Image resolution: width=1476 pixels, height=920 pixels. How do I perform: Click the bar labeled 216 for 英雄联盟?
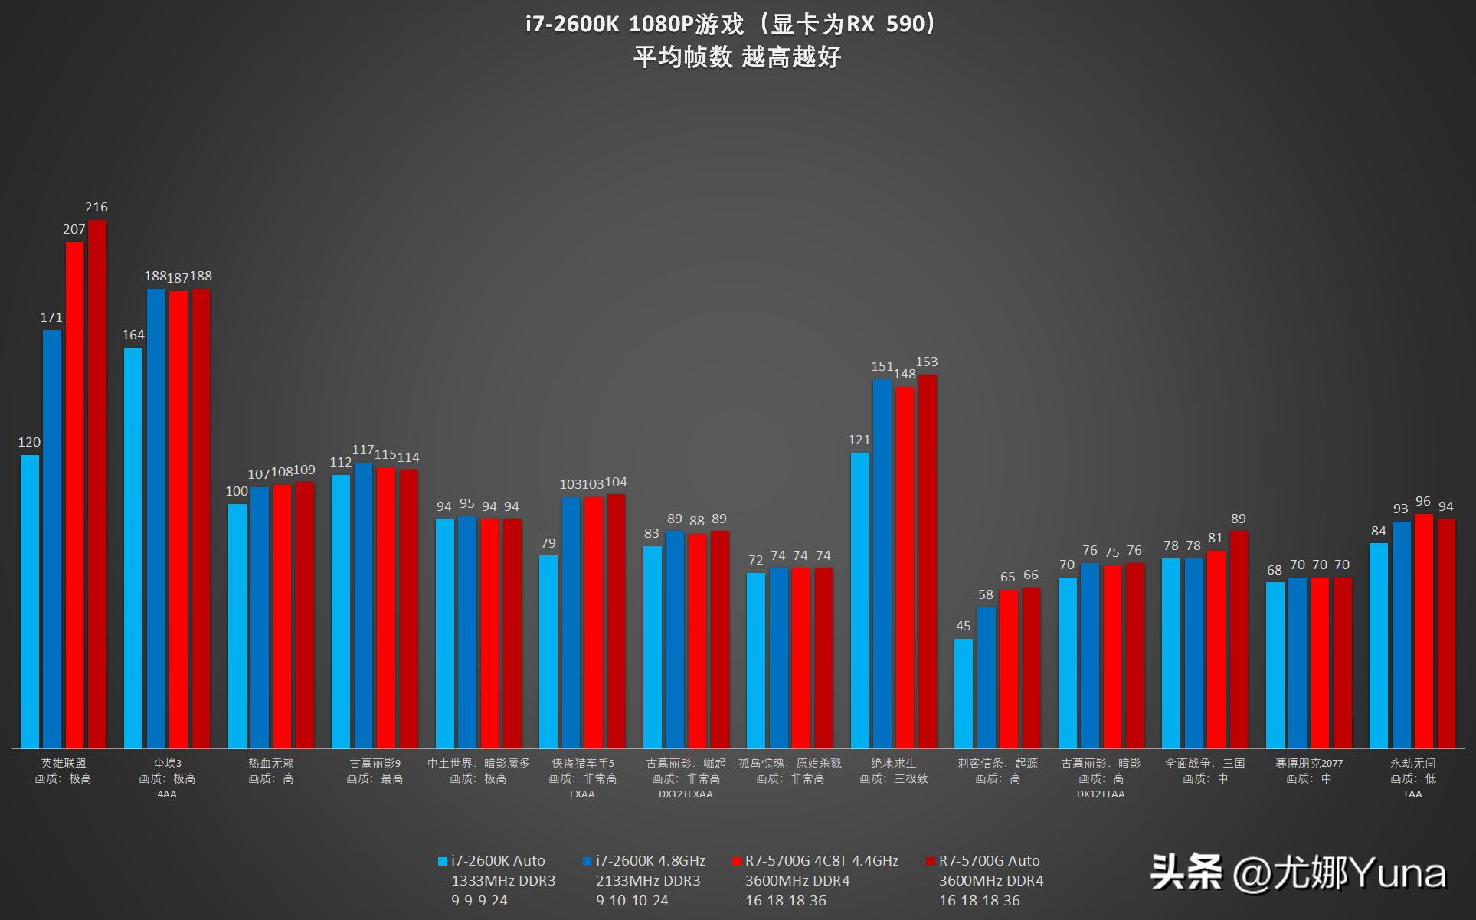coord(97,484)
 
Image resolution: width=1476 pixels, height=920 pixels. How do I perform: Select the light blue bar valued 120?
coord(30,601)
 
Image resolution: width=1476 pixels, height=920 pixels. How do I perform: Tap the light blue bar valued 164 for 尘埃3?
coord(133,548)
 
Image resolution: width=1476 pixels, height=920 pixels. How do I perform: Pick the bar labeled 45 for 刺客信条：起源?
coord(964,693)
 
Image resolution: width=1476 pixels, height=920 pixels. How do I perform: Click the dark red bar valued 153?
coord(928,561)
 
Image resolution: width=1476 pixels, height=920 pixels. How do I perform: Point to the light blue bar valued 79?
coord(548,652)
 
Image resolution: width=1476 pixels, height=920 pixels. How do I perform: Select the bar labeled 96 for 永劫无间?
coord(1423,631)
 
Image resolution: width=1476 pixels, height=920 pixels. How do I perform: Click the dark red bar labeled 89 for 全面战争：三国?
coord(1239,640)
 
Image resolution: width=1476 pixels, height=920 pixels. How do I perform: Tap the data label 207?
coord(74,229)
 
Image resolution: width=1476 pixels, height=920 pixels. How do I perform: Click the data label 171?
coord(51,317)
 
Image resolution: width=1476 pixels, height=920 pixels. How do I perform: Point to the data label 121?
coord(859,440)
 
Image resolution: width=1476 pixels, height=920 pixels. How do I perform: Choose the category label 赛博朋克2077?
coord(1308,763)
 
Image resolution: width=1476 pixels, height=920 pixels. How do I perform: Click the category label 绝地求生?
coord(893,763)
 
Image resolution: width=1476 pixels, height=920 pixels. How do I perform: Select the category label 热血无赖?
coord(271,763)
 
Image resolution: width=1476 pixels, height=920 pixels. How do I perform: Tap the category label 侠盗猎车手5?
coord(583,763)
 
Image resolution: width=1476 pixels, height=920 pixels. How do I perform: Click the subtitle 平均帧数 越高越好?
coord(737,57)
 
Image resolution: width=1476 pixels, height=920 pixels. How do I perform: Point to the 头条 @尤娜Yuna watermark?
coord(1298,873)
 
